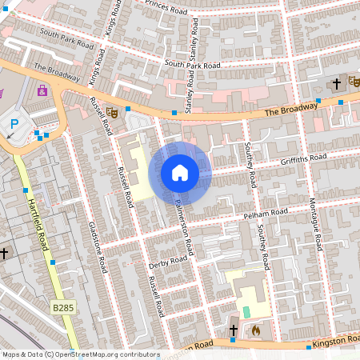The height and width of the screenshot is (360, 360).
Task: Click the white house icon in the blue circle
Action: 180,173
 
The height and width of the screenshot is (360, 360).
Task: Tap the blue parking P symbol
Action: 14,125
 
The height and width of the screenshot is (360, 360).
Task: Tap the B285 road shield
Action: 62,307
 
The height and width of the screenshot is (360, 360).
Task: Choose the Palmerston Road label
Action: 182,228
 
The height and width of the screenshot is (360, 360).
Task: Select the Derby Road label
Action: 167,262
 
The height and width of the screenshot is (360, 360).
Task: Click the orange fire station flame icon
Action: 255,328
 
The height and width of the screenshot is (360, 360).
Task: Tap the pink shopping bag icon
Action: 42,90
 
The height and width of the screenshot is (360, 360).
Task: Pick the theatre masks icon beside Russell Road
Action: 114,114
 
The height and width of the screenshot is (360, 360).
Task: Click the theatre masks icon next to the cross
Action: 354,82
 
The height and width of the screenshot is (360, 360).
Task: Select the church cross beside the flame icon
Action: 234,329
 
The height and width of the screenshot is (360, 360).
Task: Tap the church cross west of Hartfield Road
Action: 4,253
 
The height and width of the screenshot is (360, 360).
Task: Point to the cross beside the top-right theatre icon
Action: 338,82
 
